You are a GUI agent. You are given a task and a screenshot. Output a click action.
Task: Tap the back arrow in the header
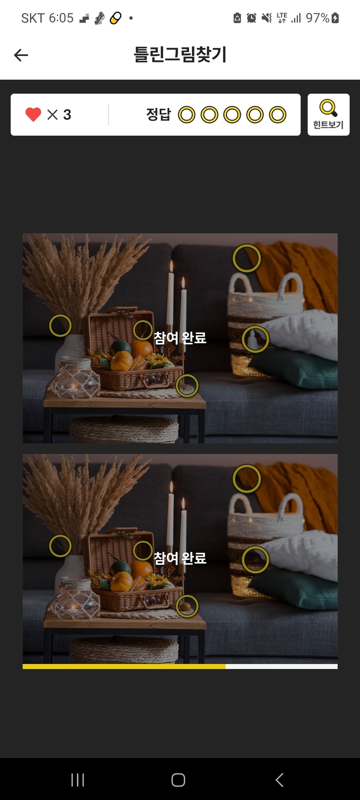(21, 55)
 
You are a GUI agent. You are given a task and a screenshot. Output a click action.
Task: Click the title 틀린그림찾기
(180, 55)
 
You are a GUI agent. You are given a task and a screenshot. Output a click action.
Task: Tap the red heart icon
(33, 115)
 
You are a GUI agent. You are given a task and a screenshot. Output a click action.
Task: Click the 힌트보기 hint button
(328, 115)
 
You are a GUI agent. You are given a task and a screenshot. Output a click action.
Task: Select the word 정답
(159, 115)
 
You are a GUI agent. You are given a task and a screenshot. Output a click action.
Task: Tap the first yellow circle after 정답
(187, 115)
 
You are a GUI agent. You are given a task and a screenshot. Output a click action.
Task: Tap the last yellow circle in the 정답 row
(278, 115)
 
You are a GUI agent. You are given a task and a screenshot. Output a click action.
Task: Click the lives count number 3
(67, 115)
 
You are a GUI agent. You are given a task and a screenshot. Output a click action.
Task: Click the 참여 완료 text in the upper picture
(180, 338)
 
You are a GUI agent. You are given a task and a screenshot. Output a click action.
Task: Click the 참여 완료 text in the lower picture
(180, 557)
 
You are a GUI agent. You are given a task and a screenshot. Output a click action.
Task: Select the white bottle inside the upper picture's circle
(252, 339)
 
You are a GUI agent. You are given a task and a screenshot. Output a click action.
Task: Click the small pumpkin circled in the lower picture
(187, 606)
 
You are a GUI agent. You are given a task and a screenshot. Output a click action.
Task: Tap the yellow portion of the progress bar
(124, 666)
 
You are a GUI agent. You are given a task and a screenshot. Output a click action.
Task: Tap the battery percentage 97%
(317, 18)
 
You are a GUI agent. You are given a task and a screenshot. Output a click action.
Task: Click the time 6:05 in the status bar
(61, 18)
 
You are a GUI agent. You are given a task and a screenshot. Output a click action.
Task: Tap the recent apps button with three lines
(78, 780)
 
